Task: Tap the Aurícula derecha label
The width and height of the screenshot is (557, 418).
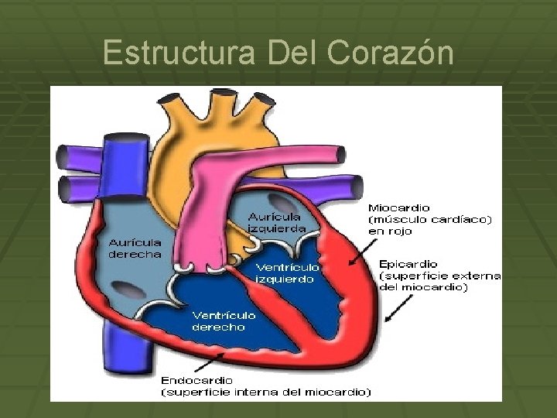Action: click(135, 248)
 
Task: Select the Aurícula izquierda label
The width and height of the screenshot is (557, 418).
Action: click(276, 222)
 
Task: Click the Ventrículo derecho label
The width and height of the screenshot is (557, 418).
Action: click(224, 320)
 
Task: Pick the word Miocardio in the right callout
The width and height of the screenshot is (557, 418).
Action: click(399, 208)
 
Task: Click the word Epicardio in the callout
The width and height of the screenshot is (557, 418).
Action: click(408, 265)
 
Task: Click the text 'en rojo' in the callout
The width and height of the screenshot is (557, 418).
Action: click(390, 231)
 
